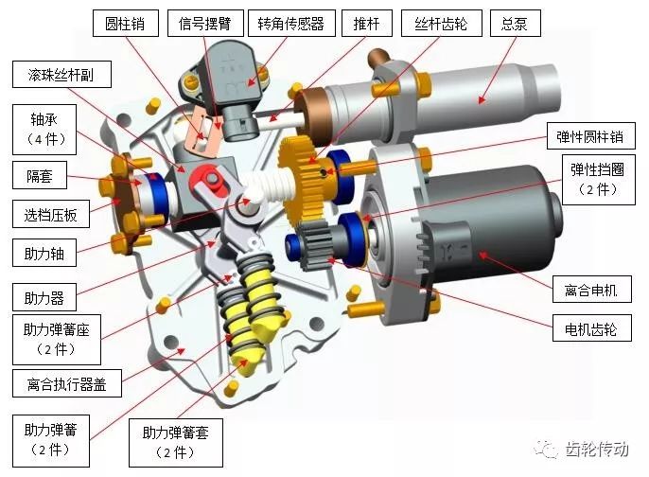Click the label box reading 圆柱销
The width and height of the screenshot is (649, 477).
click(126, 23)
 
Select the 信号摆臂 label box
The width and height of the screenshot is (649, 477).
click(205, 23)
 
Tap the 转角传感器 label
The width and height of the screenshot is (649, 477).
click(291, 23)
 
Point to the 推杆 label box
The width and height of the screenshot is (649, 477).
click(367, 23)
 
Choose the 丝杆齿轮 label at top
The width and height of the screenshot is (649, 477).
click(441, 23)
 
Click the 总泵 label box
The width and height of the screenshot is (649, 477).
click(515, 23)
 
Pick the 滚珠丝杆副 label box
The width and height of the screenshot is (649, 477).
click(61, 75)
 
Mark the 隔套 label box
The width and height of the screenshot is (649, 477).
click(40, 175)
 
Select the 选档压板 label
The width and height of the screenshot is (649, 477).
click(50, 214)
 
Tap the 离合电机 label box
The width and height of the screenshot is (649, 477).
click(592, 289)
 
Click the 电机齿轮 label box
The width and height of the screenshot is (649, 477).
click(592, 327)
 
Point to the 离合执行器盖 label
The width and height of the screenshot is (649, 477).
click(66, 383)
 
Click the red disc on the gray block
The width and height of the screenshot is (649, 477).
click(207, 179)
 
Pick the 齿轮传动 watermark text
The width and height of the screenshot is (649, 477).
click(597, 449)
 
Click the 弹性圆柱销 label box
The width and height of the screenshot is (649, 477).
click(590, 136)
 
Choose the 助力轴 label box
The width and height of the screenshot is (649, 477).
click(44, 253)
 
